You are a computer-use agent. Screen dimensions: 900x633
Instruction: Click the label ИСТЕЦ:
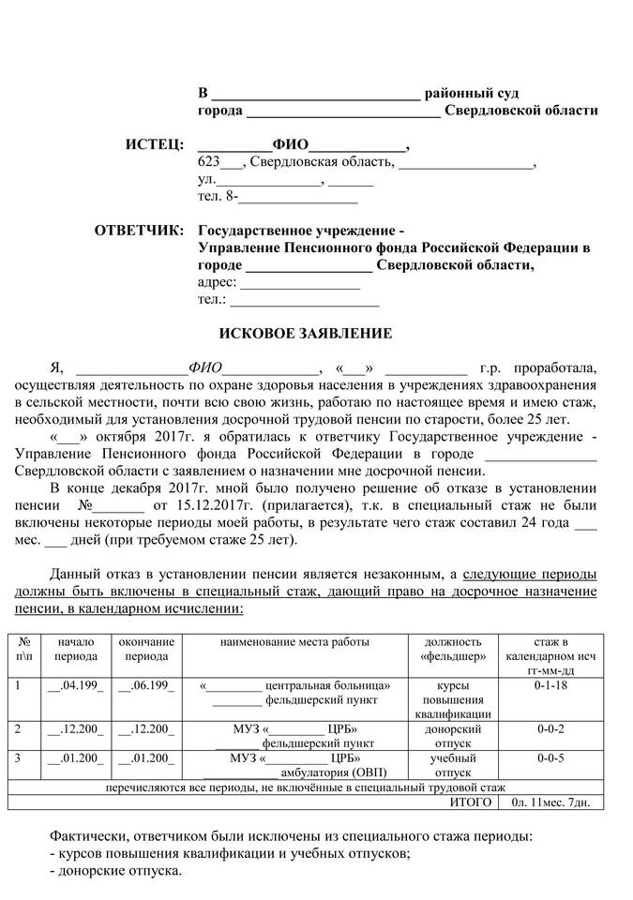155,145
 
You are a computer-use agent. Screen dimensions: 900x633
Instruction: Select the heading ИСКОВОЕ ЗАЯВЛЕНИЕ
305,333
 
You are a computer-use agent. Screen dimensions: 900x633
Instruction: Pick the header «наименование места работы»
294,642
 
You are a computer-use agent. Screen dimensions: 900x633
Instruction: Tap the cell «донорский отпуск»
453,736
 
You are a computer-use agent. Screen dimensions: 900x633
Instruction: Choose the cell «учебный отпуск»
453,765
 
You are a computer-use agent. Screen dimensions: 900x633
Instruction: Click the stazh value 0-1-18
550,685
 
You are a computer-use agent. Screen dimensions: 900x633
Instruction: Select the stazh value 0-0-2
550,728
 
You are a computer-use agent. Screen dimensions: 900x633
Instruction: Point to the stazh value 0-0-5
550,757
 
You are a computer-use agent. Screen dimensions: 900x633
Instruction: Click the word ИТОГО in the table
471,802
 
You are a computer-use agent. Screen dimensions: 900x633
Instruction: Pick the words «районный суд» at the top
472,94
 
